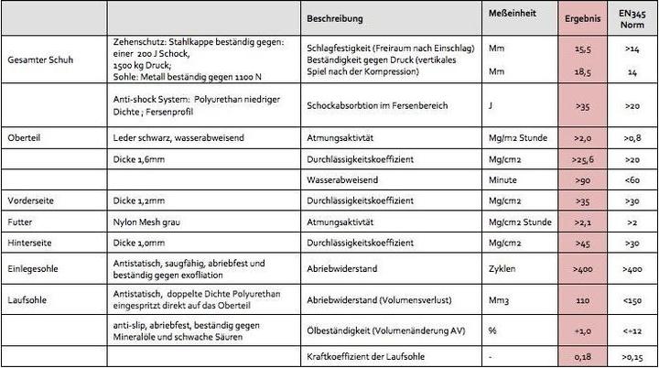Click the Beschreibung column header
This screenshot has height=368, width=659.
coord(336,18)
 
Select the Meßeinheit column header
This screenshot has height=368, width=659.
coord(510,16)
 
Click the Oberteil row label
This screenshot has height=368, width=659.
coord(25,137)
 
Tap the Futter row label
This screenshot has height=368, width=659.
coord(20,222)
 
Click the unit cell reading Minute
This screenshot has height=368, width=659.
coord(503,179)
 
